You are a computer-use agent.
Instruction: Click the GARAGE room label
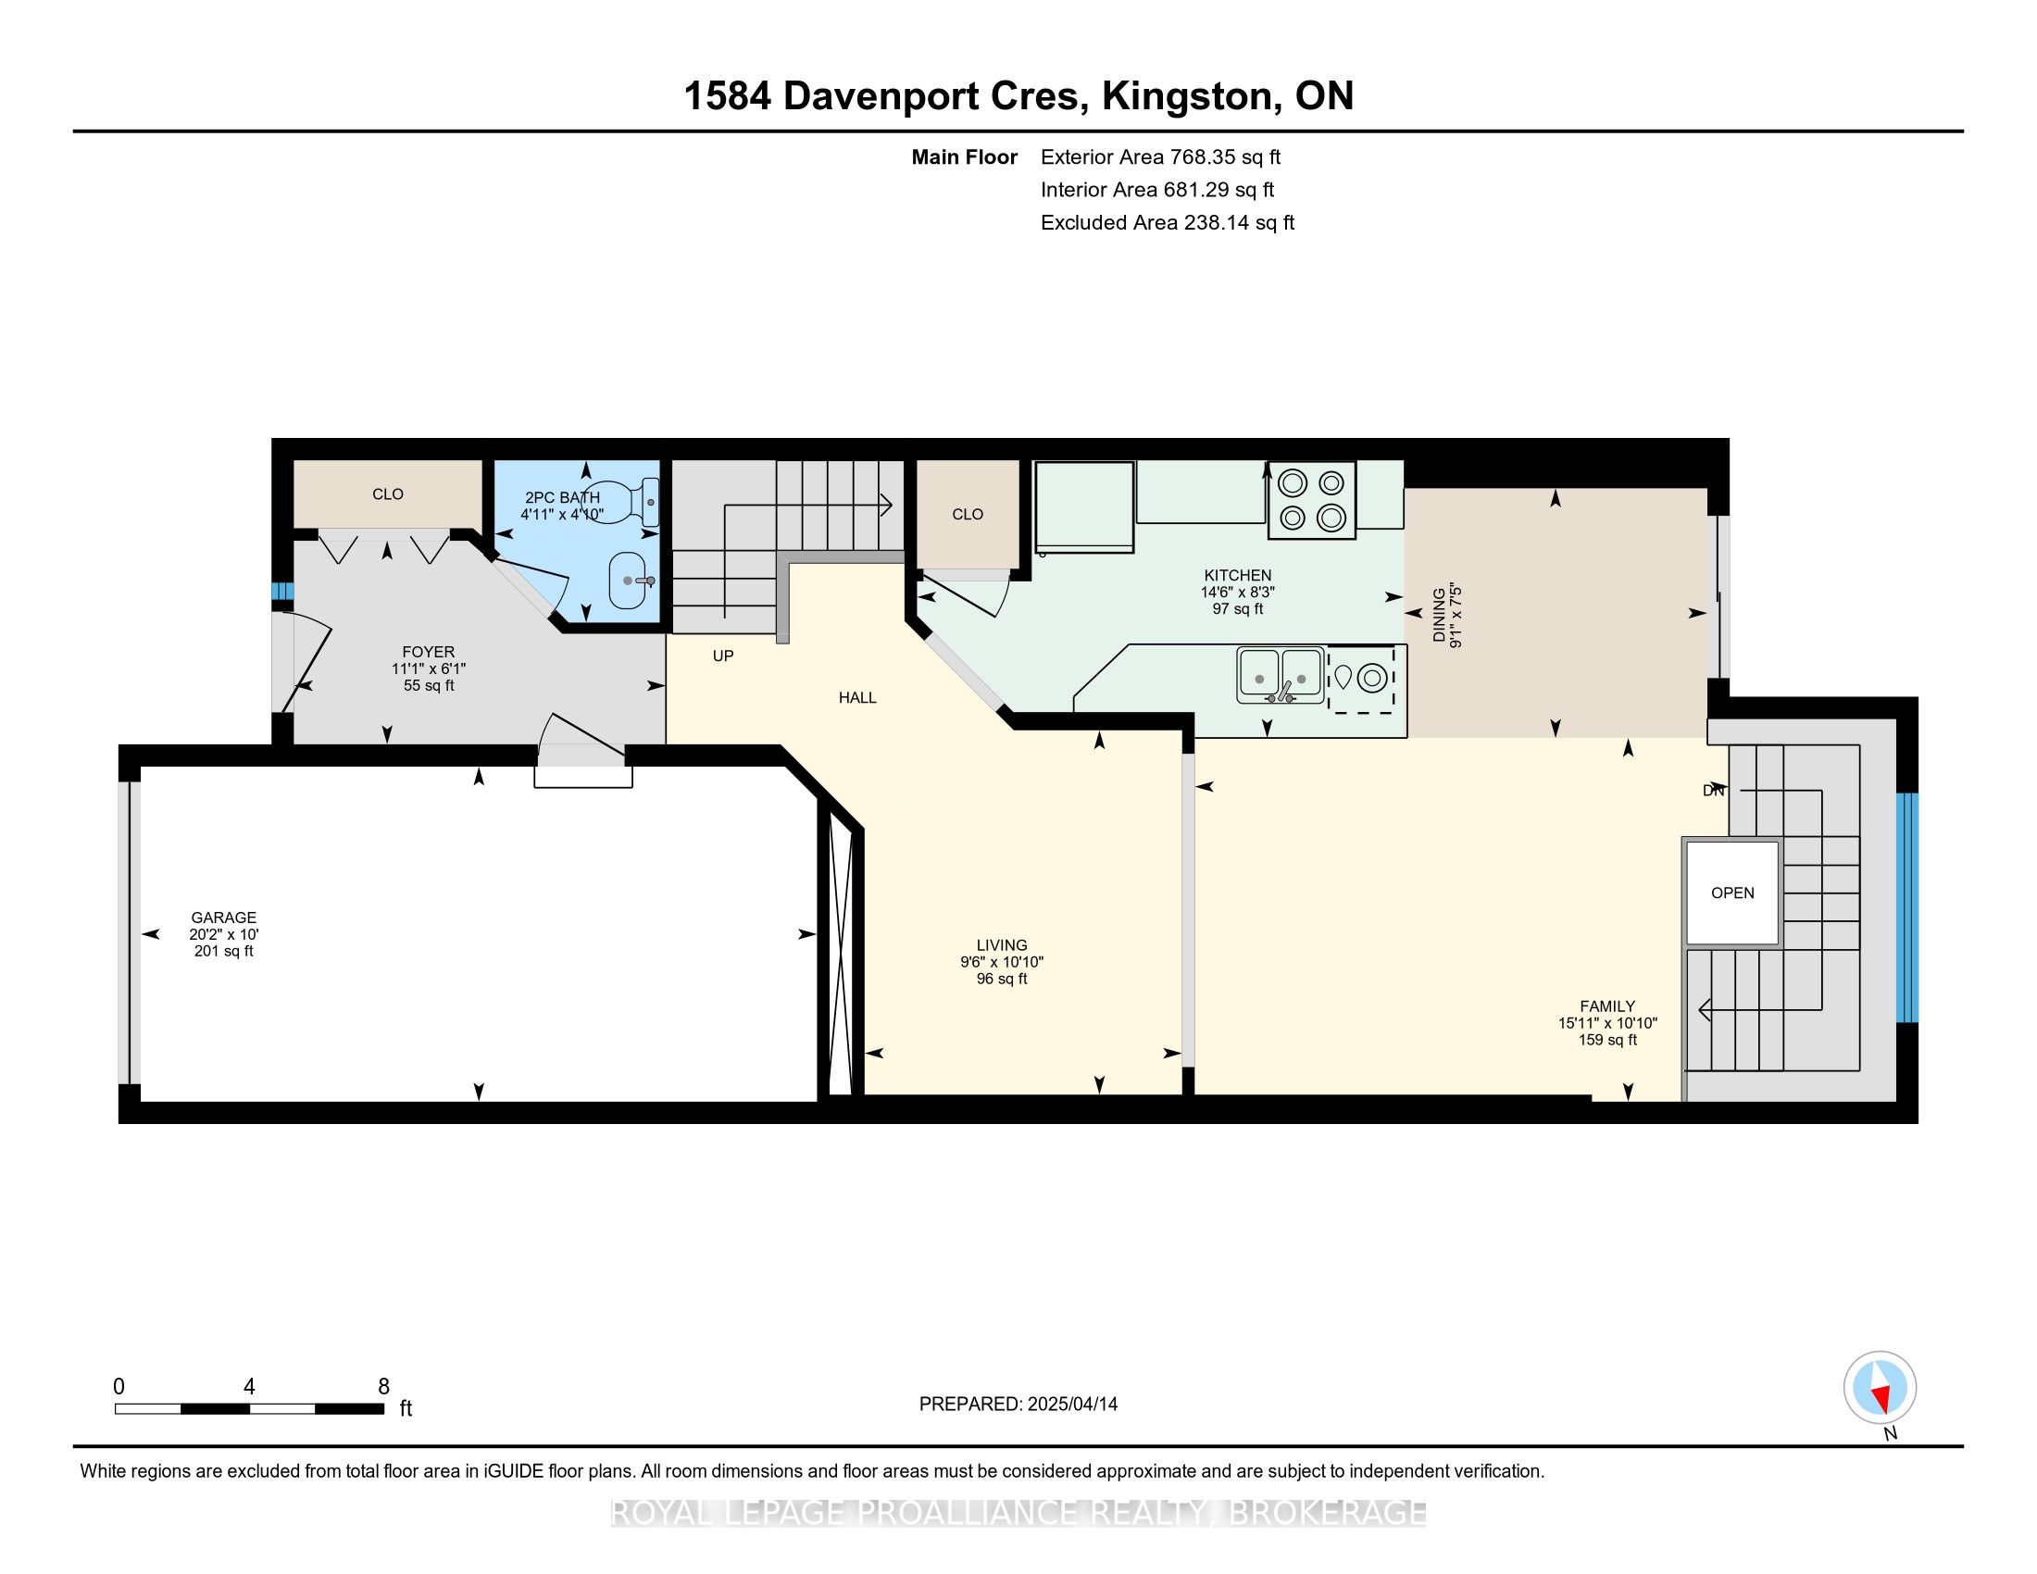223,918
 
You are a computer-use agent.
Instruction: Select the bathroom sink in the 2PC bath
632,580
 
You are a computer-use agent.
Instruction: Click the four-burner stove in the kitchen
1310,501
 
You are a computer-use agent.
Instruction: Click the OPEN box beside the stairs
1732,893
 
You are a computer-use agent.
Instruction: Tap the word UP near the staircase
723,656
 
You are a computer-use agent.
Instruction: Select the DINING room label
1440,615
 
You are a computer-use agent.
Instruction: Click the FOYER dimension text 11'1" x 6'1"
428,668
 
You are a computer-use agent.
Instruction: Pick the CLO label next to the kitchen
968,514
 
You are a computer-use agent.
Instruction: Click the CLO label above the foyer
388,494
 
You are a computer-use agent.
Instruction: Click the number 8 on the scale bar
383,1387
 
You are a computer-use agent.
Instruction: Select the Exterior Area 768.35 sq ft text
1160,156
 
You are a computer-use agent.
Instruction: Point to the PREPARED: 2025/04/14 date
1018,1405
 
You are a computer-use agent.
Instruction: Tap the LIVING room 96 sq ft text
1002,979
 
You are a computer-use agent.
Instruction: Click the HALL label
857,697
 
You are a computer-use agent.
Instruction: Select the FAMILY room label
1607,1006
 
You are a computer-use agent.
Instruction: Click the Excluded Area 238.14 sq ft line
1167,222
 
